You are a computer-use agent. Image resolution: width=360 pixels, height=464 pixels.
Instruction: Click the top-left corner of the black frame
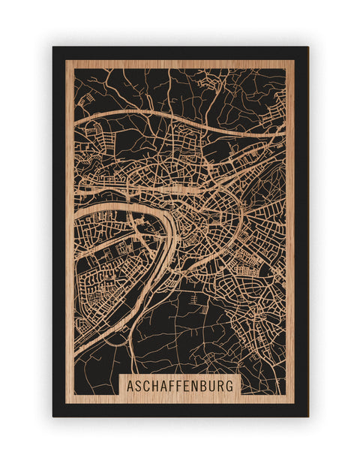pos(53,47)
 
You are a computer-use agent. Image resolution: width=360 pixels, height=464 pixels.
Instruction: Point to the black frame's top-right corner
pos(307,47)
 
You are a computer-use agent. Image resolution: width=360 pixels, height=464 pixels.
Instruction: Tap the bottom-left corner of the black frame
pos(53,416)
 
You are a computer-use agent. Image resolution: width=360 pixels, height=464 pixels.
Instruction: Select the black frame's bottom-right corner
pos(307,416)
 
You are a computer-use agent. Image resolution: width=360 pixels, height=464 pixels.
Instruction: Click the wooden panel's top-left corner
pos(66,60)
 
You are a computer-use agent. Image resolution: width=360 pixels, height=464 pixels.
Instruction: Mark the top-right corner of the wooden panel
pos(295,60)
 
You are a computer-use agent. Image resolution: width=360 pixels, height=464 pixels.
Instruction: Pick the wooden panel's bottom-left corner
pos(66,403)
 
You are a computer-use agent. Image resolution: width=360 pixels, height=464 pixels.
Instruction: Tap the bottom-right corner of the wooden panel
pos(295,403)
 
